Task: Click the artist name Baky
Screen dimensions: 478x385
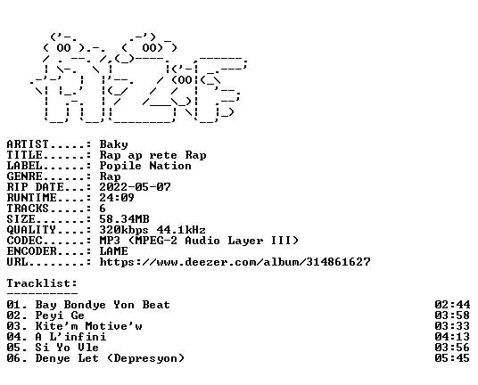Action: tap(114, 144)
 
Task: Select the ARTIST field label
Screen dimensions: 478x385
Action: tap(28, 144)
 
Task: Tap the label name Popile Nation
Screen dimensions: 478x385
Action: tap(145, 166)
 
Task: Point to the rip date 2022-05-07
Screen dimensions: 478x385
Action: tap(135, 187)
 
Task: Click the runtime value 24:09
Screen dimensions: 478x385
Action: tap(117, 198)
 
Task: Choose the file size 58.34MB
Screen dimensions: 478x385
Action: tap(124, 219)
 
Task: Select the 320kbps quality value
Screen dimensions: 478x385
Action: tap(124, 230)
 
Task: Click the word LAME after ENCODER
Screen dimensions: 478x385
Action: tap(114, 251)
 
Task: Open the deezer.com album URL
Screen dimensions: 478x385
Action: tap(235, 262)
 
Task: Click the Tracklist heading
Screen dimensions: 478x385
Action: tap(42, 283)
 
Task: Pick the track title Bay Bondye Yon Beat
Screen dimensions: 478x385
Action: tap(103, 305)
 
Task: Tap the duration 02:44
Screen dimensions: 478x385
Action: tap(452, 305)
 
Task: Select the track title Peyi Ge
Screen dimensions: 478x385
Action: tap(60, 315)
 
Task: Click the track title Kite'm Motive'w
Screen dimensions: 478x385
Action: tap(88, 326)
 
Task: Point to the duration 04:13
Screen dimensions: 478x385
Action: tap(452, 337)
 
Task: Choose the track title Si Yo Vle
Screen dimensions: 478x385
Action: tap(67, 348)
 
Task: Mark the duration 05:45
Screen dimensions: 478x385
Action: tap(452, 358)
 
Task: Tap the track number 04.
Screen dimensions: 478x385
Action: tap(14, 337)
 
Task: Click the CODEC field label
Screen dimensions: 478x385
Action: tap(24, 241)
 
